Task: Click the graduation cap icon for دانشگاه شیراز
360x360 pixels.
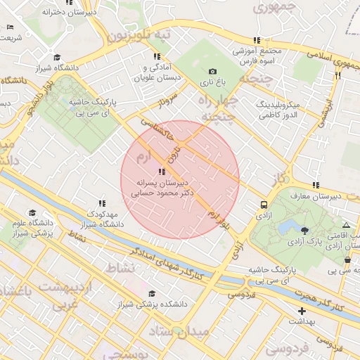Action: coord(56,58)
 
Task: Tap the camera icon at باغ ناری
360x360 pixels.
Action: coord(212,71)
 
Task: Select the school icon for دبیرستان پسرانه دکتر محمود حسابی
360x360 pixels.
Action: coord(162,171)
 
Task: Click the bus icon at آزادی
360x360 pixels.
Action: coord(264,205)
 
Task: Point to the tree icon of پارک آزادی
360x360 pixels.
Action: coord(304,230)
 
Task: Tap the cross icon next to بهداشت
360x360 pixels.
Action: coord(302,310)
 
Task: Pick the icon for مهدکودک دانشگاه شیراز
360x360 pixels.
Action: coord(102,202)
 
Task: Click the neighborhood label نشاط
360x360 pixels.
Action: coord(119,267)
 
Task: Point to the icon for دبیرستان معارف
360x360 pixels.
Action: coord(316,185)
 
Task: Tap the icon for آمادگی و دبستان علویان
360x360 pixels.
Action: coord(156,56)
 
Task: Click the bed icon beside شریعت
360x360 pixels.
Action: coord(9,27)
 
